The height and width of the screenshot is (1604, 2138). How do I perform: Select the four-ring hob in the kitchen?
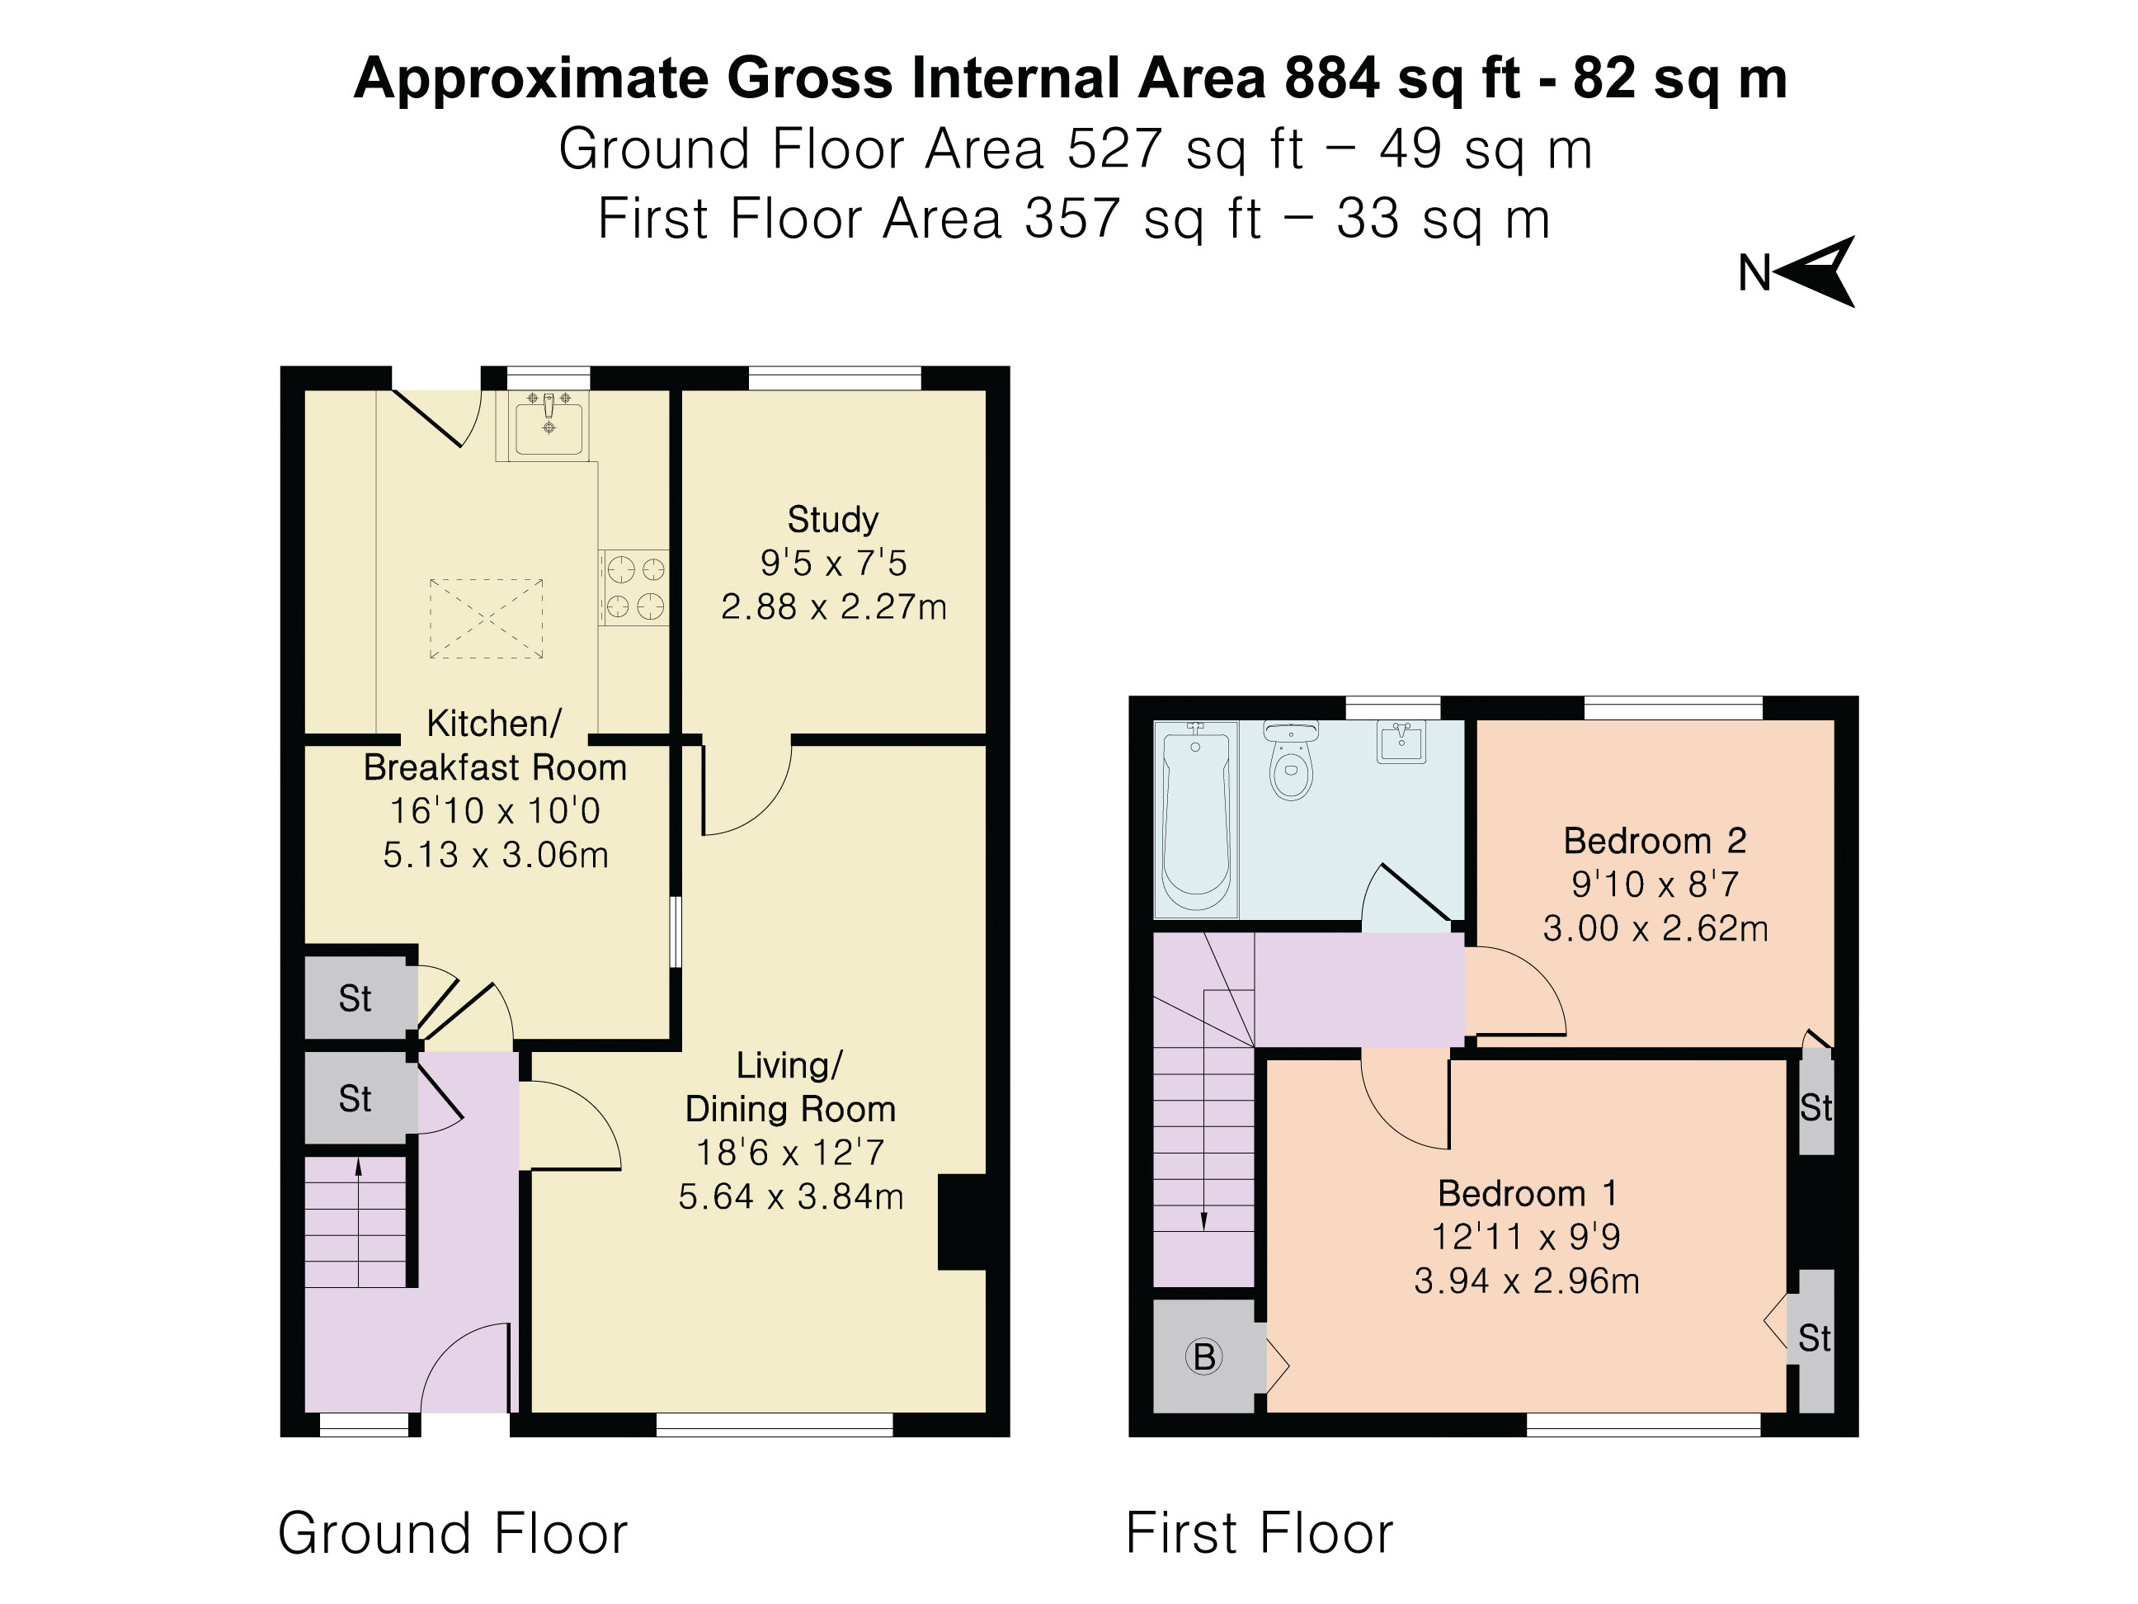click(x=635, y=587)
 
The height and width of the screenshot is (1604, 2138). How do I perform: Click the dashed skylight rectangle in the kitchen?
click(x=486, y=619)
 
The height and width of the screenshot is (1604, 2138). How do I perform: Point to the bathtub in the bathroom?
click(x=1197, y=818)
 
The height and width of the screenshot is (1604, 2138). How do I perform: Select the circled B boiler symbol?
click(x=1204, y=1356)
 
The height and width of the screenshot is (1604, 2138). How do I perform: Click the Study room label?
click(x=833, y=520)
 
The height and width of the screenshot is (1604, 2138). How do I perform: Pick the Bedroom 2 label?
click(x=1655, y=840)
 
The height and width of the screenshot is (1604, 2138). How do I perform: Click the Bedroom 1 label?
click(x=1527, y=1193)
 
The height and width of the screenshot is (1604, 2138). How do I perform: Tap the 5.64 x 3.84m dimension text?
click(x=791, y=1197)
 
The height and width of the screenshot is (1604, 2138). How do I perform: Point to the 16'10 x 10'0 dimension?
click(x=495, y=810)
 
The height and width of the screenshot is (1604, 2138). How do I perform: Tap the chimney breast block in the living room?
click(x=962, y=1221)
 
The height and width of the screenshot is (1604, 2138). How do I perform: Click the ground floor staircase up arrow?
click(x=359, y=1222)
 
